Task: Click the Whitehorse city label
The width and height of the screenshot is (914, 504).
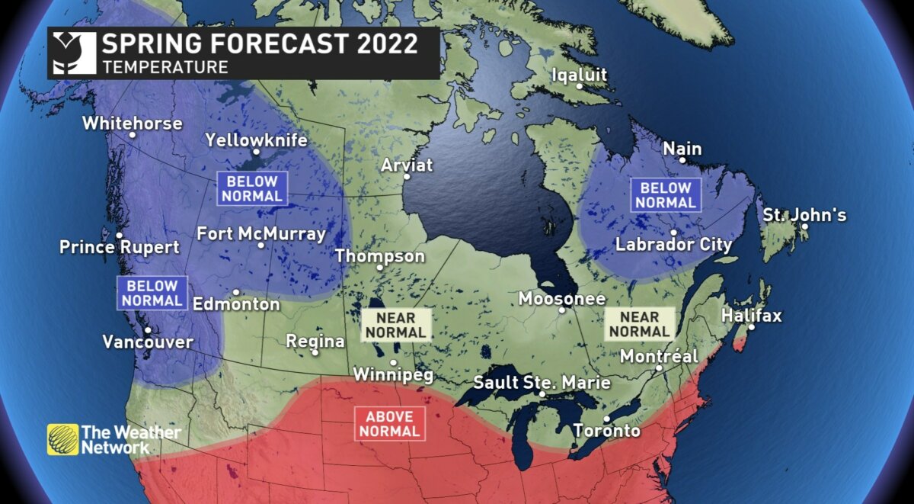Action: tap(132, 123)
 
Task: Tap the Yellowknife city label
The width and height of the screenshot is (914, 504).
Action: tap(256, 140)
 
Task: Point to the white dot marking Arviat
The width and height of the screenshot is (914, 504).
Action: tap(407, 176)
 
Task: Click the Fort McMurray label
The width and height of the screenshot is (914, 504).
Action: tap(261, 233)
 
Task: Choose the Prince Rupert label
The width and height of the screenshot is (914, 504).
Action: tap(120, 247)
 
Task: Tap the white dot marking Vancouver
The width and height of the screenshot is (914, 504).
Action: tap(148, 329)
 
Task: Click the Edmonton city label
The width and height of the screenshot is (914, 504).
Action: tap(236, 304)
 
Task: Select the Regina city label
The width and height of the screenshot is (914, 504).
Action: tap(315, 341)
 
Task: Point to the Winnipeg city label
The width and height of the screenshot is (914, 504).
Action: tap(393, 374)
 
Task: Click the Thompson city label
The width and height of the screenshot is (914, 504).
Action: tap(380, 256)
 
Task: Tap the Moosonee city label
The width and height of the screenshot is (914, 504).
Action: tap(562, 299)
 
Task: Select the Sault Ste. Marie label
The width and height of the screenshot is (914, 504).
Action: tap(542, 382)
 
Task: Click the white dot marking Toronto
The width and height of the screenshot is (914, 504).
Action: tap(606, 419)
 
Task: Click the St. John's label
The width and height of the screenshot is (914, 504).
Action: tap(804, 215)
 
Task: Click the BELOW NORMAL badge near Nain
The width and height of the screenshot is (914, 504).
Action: tap(666, 195)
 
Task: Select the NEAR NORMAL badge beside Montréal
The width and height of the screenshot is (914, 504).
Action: tap(639, 323)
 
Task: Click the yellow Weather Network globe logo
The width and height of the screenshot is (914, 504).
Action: tap(62, 439)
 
